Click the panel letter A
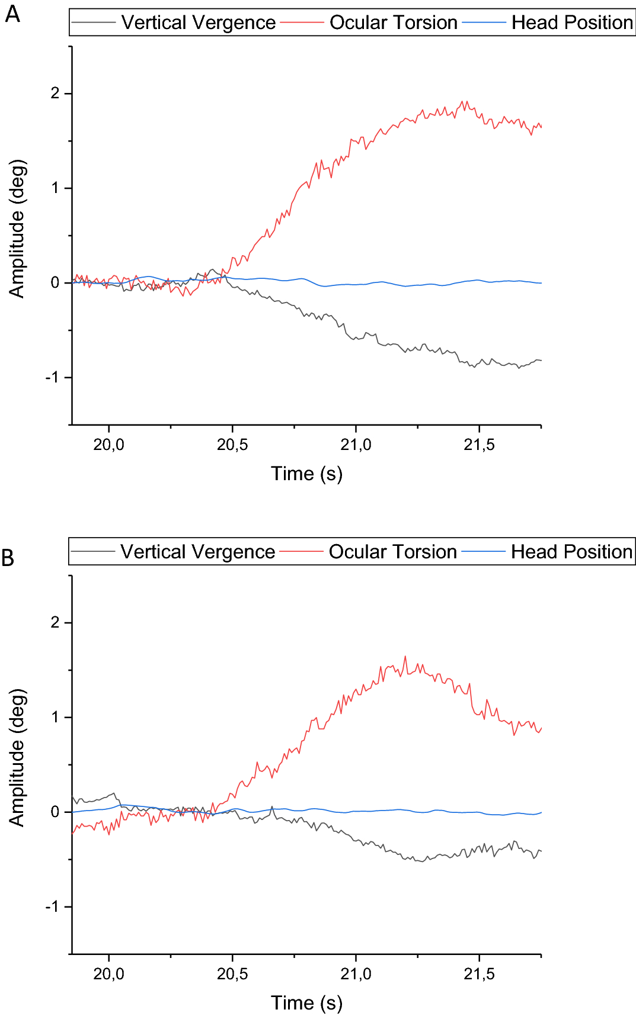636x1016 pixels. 12,13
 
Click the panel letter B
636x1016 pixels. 8,558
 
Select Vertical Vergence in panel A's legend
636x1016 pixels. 198,22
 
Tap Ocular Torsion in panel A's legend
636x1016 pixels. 393,22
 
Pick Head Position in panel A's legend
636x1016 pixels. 571,22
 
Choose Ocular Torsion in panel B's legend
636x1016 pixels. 392,552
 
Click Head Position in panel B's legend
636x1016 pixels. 571,552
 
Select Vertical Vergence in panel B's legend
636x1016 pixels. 197,552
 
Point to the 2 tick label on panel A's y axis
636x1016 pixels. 55,94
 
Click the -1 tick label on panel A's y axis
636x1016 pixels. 53,378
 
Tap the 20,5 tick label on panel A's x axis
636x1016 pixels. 232,445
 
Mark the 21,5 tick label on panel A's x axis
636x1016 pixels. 479,445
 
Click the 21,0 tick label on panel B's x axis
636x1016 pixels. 356,974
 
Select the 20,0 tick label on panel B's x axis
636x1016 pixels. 109,974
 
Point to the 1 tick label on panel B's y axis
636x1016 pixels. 55,718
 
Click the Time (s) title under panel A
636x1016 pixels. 306,474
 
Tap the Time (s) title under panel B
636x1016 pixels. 306,1003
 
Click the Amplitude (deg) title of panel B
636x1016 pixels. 17,758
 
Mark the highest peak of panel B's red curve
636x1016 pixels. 405,656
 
